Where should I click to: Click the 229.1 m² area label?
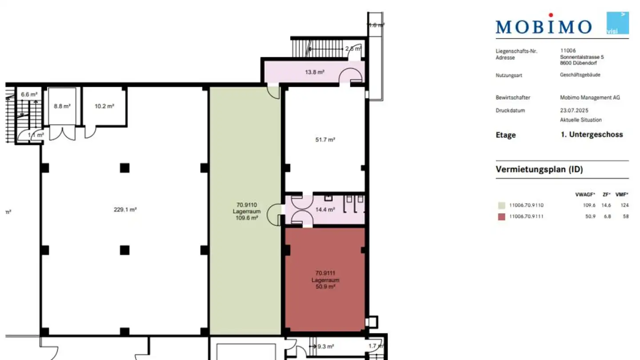coord(125,209)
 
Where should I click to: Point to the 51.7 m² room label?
coord(325,140)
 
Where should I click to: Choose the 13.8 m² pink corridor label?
coord(314,72)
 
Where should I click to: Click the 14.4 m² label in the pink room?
coord(325,209)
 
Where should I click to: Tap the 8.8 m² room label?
coord(62,106)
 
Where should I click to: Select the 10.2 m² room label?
coord(104,106)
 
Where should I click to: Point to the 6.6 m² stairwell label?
coord(29,94)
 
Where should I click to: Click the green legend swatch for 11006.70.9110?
coord(501,205)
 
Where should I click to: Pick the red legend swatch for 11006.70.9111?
coord(501,217)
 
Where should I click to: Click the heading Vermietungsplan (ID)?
coord(539,169)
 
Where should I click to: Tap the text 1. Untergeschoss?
coord(592,135)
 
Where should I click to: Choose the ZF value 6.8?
coord(608,217)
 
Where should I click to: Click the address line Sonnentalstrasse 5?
coord(582,57)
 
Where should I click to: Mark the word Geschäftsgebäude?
coord(580,75)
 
